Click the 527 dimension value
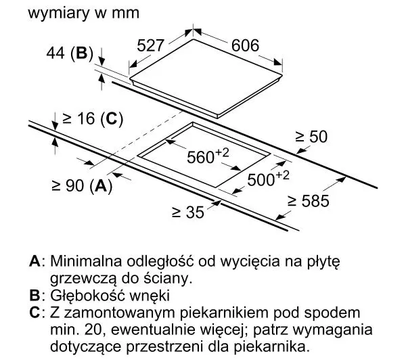pos(150,45)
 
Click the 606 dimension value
pos(245,45)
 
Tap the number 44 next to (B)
pos(55,53)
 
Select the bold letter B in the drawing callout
pos(81,53)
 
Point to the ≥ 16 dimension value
pos(78,118)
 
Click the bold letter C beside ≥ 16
pos(112,119)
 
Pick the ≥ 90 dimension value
pos(68,185)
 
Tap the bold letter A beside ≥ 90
pos(100,185)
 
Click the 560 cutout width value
pos(201,157)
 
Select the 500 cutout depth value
pos(261,180)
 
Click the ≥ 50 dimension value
pos(311,137)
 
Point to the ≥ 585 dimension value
pos(309,201)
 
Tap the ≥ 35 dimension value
pos(188,212)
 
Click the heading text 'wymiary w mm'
pos(83,13)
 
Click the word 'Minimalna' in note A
pos(86,261)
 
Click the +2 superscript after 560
pos(223,152)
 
